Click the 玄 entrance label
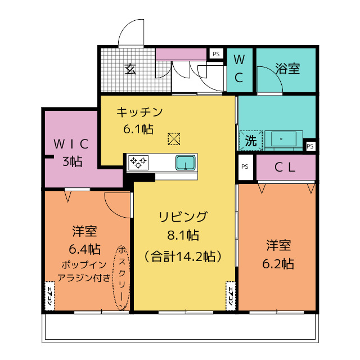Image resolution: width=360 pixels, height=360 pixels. tap(130, 69)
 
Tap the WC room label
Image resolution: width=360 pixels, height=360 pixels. tap(239, 69)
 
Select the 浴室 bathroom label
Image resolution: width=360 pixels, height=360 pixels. tap(287, 69)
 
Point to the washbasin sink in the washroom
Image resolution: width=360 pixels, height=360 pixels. tap(280, 138)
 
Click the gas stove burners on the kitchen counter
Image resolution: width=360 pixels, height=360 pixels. tap(139, 163)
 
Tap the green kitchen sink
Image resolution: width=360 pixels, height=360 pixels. tap(185, 163)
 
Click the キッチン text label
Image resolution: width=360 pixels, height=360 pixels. tap(139, 112)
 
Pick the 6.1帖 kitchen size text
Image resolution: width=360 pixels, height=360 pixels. tap(138, 129)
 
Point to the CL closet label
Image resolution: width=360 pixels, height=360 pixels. tap(286, 167)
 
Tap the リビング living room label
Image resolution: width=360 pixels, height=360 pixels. tap(183, 217)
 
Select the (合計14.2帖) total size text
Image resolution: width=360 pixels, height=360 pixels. tap(182, 256)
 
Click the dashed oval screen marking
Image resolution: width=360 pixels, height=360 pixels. tap(121, 277)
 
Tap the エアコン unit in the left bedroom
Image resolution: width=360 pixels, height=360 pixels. tap(49, 294)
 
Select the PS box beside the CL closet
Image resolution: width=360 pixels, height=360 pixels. tap(245, 167)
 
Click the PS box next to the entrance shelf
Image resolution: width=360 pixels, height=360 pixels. tap(215, 54)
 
